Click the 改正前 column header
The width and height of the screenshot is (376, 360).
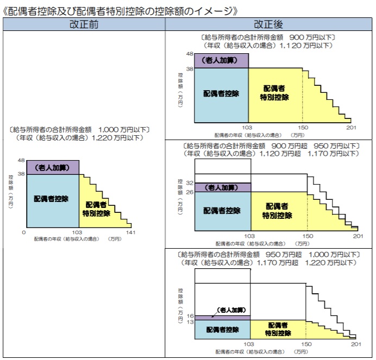pos(84,24)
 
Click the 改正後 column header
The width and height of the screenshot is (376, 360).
pos(268,24)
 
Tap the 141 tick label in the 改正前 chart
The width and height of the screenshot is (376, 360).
pos(131,232)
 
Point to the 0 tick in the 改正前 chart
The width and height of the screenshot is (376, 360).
pos(24,232)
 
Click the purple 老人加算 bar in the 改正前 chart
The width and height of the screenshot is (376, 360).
pos(53,168)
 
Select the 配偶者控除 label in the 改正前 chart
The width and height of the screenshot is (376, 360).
pos(51,199)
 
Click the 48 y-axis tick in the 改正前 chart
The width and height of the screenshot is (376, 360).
pos(21,160)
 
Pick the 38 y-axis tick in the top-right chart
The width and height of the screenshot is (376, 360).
pos(190,69)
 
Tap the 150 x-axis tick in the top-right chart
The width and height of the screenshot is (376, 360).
pos(303,128)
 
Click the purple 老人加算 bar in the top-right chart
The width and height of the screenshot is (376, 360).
pos(221,61)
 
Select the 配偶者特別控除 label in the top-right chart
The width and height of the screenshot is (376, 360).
pos(274,93)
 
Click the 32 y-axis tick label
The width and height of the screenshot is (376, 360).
pos(190,183)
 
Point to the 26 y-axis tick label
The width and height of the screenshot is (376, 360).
pos(190,192)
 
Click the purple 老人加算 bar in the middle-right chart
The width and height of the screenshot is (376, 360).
pos(223,188)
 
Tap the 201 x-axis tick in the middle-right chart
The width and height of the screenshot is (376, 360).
pos(358,236)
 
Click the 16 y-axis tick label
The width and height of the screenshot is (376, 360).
pos(190,316)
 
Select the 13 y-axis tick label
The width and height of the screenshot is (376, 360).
pos(190,322)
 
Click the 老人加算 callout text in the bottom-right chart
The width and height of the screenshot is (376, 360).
pos(231,310)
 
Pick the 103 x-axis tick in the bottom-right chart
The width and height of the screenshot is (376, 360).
pos(249,344)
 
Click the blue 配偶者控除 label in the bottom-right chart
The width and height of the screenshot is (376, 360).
pos(223,330)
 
